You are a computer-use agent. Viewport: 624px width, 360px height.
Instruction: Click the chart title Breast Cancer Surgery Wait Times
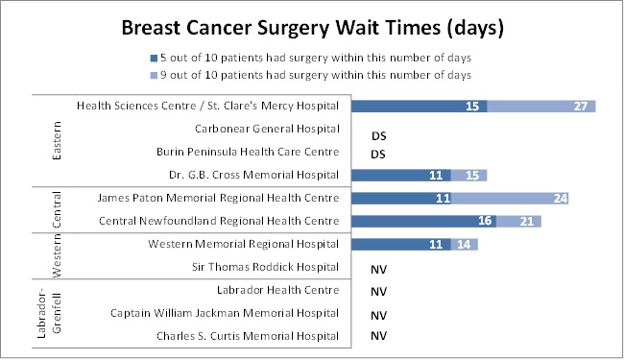(313, 28)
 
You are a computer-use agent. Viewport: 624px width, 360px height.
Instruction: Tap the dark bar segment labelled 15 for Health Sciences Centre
(420, 106)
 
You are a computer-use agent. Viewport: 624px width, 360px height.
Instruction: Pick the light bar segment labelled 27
(541, 106)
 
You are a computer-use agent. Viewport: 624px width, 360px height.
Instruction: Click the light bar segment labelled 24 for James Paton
(511, 199)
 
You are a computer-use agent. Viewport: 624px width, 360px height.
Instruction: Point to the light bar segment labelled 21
(516, 222)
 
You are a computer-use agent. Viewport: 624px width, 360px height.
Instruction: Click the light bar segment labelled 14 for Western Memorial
(466, 245)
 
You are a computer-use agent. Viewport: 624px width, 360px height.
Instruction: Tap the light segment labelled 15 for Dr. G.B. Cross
(470, 175)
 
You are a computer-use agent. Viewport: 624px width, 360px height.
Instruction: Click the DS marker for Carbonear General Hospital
(378, 136)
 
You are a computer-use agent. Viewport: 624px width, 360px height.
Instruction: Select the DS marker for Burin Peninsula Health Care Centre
(378, 154)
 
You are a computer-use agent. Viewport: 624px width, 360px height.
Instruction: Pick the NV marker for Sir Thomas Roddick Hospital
(378, 269)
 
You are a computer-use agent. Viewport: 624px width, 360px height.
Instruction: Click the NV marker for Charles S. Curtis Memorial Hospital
(378, 336)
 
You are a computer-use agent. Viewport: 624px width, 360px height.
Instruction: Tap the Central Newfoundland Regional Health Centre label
(219, 221)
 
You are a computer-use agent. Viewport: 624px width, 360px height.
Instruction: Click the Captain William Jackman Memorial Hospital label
(225, 313)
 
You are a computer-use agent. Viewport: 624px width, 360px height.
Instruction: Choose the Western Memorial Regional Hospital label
(244, 244)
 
